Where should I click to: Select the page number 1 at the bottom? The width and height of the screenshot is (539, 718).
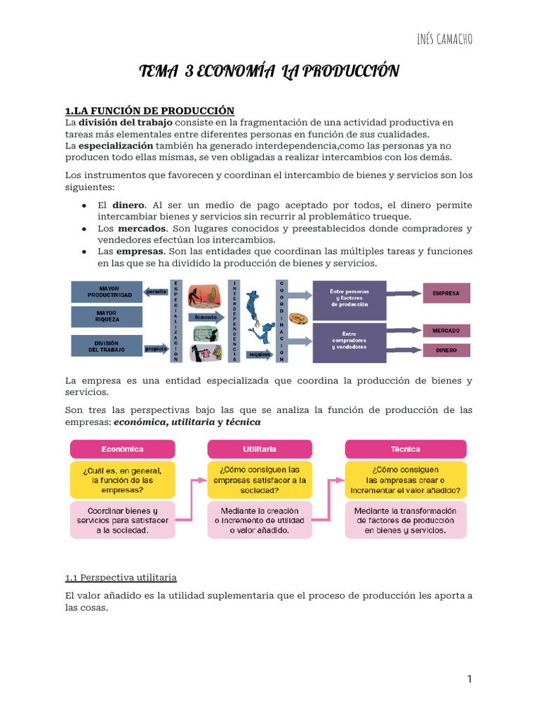tap(470, 679)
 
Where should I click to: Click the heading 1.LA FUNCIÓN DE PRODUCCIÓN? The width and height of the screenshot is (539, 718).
tap(149, 111)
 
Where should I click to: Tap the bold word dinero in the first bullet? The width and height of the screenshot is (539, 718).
tap(128, 205)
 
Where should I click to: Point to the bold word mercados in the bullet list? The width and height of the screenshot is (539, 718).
tap(142, 229)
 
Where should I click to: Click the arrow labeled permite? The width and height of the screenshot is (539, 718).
tap(156, 291)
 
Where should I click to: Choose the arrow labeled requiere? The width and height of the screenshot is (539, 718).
tap(259, 354)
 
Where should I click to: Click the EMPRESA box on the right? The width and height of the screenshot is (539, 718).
tap(446, 293)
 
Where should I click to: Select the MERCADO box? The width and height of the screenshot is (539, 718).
tap(446, 330)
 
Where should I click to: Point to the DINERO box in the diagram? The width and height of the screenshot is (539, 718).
tap(446, 349)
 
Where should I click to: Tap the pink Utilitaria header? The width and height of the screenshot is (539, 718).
tap(259, 449)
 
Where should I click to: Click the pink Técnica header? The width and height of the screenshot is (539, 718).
tap(405, 449)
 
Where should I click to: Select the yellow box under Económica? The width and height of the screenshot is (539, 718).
tap(122, 480)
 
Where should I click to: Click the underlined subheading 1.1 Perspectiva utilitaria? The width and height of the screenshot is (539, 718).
tap(121, 577)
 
